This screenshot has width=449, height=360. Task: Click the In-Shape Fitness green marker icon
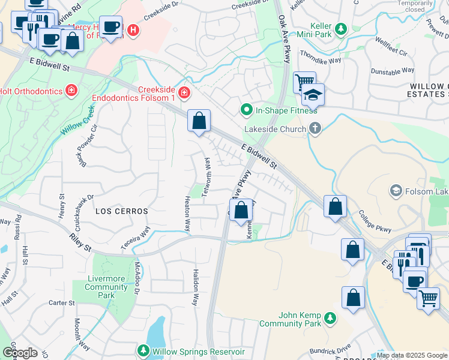[x=246, y=110]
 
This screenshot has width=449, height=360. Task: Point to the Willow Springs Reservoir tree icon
[x=143, y=351]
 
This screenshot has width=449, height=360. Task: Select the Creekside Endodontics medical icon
[x=183, y=93]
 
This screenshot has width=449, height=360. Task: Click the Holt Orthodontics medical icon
[x=71, y=91]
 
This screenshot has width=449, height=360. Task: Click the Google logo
[x=19, y=353]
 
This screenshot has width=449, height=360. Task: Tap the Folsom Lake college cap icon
[x=396, y=191]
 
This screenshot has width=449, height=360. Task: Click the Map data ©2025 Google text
[x=412, y=355]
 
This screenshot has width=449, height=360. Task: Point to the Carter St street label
[x=61, y=303]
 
